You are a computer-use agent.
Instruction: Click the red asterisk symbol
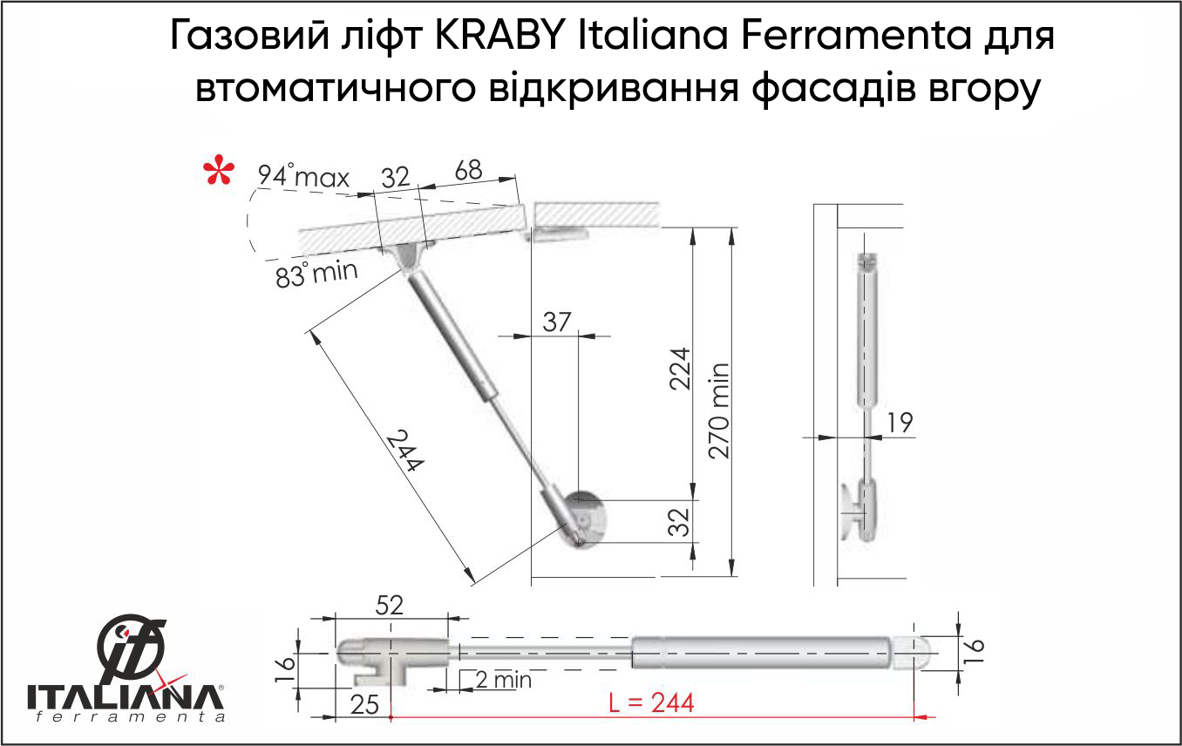pos(219,172)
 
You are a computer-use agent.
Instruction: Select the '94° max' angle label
pos(303,176)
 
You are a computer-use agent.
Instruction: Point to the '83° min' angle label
pos(316,274)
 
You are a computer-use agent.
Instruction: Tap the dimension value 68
pos(468,171)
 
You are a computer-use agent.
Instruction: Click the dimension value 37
pos(557,322)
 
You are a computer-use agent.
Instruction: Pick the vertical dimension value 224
pos(680,369)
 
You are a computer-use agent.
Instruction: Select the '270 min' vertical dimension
pos(718,411)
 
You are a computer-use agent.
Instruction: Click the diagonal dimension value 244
pos(404,450)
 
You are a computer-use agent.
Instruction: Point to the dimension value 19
pos(900,423)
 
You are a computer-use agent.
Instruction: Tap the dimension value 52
pos(390,605)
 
